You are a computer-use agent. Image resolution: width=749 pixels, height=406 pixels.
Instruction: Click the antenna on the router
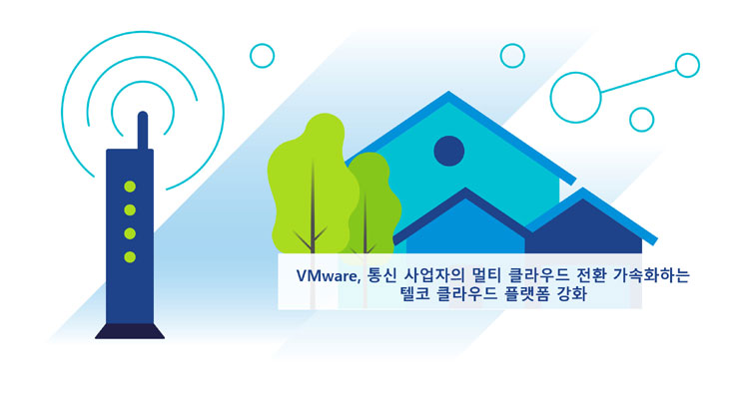pyautogui.click(x=143, y=131)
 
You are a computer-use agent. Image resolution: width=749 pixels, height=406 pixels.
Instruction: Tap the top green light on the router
pyautogui.click(x=130, y=187)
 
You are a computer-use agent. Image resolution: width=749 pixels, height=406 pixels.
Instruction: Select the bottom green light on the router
pyautogui.click(x=130, y=257)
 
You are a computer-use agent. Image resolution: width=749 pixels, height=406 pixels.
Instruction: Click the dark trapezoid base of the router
pyautogui.click(x=130, y=331)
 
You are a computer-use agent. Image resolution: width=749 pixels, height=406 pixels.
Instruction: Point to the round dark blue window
pyautogui.click(x=449, y=151)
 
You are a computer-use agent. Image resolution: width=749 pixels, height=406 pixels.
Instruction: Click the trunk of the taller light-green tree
pyautogui.click(x=313, y=209)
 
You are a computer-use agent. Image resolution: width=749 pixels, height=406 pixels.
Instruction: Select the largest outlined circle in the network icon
pyautogui.click(x=575, y=98)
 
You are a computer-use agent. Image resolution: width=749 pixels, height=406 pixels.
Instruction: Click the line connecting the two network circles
pyautogui.click(x=638, y=81)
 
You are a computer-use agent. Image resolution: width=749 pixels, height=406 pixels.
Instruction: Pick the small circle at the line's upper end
pyautogui.click(x=687, y=66)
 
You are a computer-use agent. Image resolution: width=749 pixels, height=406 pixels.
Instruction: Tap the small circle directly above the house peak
pyautogui.click(x=512, y=56)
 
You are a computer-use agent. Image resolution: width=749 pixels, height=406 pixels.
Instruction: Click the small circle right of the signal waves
pyautogui.click(x=263, y=56)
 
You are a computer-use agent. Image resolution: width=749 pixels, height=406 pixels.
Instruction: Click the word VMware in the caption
pyautogui.click(x=329, y=276)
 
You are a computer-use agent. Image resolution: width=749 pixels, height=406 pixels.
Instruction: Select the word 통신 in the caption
pyautogui.click(x=382, y=275)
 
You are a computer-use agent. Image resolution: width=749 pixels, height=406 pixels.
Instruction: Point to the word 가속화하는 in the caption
pyautogui.click(x=650, y=275)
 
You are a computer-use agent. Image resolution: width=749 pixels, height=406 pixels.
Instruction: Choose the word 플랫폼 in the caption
pyautogui.click(x=527, y=293)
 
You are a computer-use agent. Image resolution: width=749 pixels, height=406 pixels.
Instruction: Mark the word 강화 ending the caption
pyautogui.click(x=572, y=293)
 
